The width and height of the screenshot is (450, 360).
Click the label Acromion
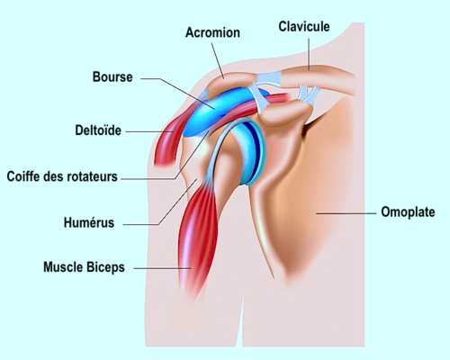click(212, 32)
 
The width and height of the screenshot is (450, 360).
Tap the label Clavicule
click(304, 26)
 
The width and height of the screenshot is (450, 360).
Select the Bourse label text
click(112, 76)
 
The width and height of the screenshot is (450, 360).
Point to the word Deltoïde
click(98, 130)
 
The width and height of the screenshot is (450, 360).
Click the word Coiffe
click(23, 176)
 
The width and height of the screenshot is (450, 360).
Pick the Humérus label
click(89, 222)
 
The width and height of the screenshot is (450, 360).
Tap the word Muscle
click(63, 267)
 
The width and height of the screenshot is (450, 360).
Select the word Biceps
click(105, 267)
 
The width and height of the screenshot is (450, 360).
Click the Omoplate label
click(408, 212)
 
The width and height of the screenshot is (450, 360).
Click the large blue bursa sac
click(222, 110)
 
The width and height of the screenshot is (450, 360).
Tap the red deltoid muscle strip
click(168, 142)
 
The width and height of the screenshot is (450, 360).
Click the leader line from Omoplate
click(346, 213)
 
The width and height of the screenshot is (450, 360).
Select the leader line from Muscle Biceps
click(162, 268)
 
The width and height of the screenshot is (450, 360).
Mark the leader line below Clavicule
click(309, 54)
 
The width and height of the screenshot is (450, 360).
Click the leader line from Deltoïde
click(149, 131)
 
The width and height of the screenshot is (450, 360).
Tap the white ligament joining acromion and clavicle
click(269, 79)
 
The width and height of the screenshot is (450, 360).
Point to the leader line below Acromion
click(218, 61)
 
